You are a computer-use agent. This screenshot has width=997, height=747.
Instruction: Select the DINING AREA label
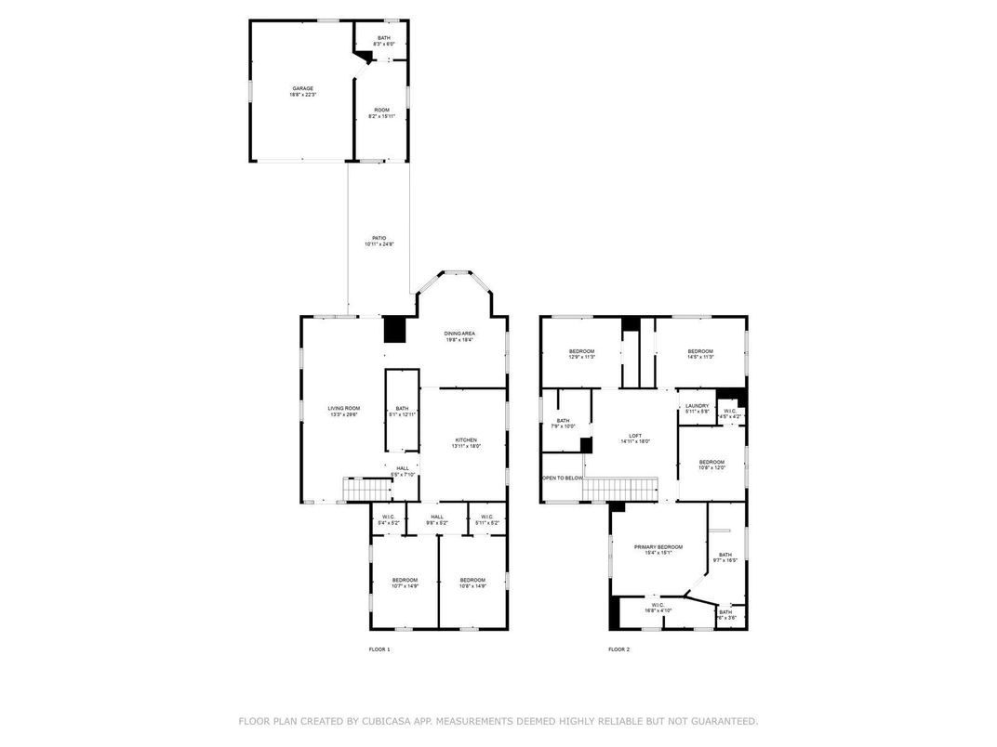pyautogui.click(x=459, y=335)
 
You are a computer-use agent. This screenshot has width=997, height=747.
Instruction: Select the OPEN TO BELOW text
pyautogui.click(x=563, y=478)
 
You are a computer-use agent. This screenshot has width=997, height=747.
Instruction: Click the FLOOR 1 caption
pyautogui.click(x=380, y=649)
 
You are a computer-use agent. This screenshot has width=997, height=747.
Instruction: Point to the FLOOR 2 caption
pyautogui.click(x=618, y=649)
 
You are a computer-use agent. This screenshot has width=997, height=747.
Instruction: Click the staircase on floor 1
pyautogui.click(x=365, y=489)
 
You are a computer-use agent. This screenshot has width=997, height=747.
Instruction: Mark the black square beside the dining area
pyautogui.click(x=395, y=330)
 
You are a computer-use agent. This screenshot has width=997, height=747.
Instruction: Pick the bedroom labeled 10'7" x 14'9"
pyautogui.click(x=405, y=583)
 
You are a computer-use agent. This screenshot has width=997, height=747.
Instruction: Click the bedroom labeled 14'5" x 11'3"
pyautogui.click(x=700, y=353)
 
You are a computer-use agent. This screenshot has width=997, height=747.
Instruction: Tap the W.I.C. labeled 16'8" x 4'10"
pyautogui.click(x=657, y=608)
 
